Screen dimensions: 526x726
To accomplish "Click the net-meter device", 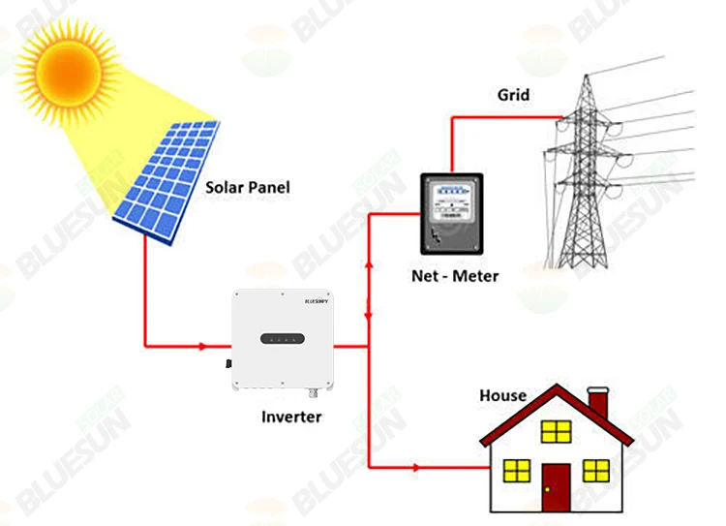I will point(449,216).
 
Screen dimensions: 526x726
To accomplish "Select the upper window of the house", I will point(556,431).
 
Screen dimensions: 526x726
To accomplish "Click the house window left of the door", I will point(517,472).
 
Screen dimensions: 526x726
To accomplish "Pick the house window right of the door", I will point(597,472).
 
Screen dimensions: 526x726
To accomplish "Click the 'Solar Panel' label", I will point(247,186).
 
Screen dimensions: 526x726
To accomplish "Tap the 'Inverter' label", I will point(291,418).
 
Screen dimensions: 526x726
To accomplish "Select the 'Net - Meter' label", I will point(454,276).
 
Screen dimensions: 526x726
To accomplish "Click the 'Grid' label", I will point(514,95).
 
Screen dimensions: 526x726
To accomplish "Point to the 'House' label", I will point(503,395).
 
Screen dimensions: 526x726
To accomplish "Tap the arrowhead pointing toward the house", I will point(416,469).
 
